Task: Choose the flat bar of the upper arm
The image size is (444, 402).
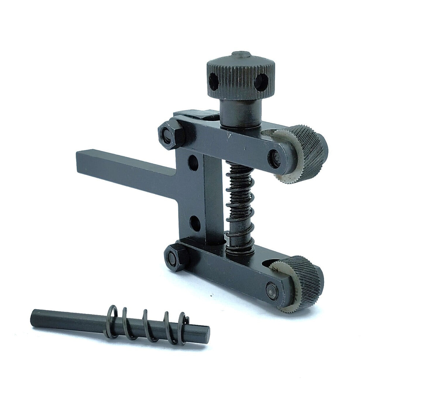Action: (227, 141)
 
